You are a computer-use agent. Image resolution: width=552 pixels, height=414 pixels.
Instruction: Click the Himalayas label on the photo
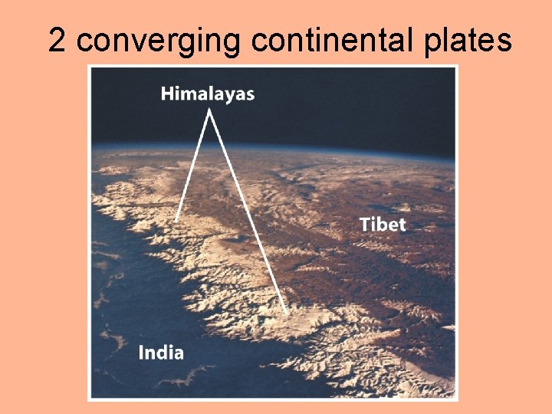coord(208,94)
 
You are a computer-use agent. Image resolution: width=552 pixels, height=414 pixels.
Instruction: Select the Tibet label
coord(382,224)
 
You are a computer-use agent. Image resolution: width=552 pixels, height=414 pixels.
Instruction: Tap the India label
coord(161,353)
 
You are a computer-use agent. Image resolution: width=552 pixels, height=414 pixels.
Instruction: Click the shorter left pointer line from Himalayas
coord(192,164)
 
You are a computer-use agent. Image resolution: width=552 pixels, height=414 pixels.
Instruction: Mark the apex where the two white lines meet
coord(209,110)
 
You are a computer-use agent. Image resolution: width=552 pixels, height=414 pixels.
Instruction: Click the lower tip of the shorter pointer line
coord(176,221)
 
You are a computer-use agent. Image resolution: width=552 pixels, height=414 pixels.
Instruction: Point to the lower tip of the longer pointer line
coord(287,313)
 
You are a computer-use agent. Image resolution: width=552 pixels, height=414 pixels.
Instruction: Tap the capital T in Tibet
coord(365,224)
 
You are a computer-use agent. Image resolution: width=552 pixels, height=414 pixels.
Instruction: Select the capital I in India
coord(141,353)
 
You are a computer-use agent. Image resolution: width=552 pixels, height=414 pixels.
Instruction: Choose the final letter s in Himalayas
coord(250,96)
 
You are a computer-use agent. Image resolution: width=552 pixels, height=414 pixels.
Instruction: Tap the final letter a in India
coord(179,354)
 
